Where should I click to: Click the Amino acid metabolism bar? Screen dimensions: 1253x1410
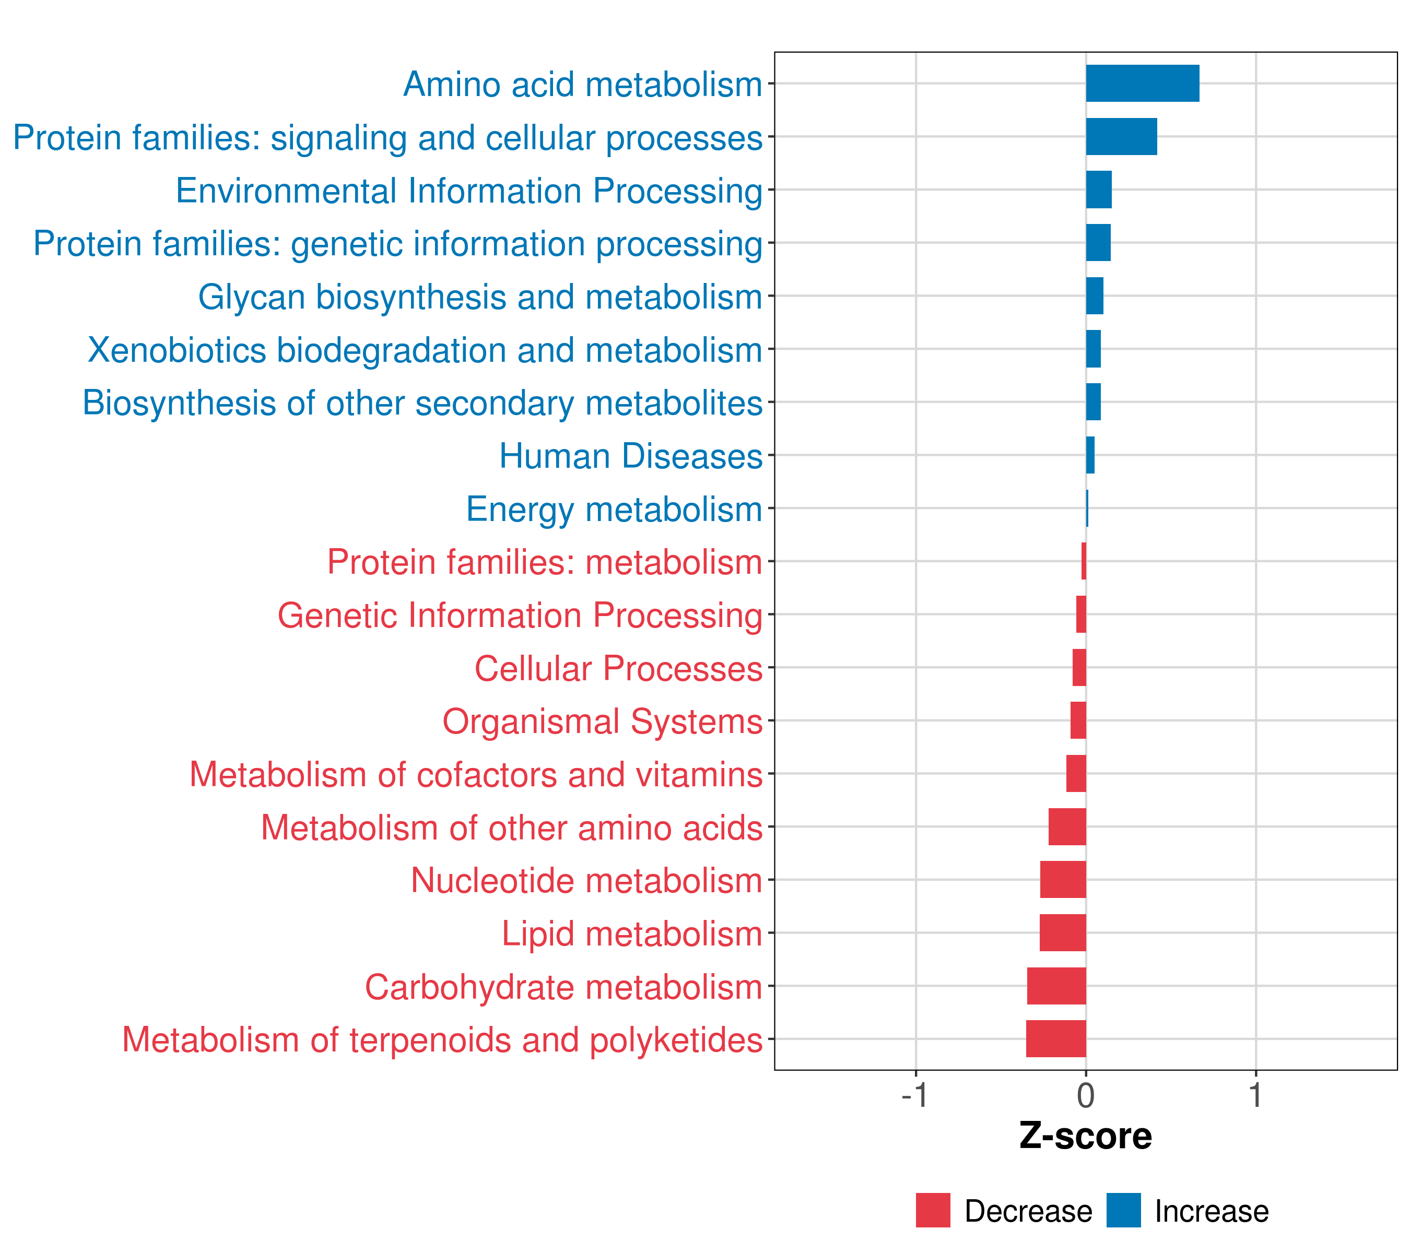(x=1142, y=84)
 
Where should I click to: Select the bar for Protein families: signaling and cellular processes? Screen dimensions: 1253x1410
(x=1121, y=137)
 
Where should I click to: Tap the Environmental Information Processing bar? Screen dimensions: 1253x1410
(x=1098, y=190)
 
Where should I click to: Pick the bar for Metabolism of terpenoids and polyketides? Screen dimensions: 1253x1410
(x=1055, y=1038)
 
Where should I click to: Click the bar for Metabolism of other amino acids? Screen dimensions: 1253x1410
(x=1066, y=826)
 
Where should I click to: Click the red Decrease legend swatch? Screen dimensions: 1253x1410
(x=933, y=1210)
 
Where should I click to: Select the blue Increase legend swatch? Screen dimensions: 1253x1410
(x=1123, y=1210)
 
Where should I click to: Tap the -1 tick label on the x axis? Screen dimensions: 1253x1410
(x=915, y=1096)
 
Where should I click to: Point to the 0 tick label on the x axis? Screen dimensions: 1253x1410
(x=1086, y=1096)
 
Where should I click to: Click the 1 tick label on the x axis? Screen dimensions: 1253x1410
(x=1255, y=1096)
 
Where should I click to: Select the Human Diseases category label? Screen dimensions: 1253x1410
(x=630, y=456)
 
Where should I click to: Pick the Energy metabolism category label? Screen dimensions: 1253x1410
(x=614, y=510)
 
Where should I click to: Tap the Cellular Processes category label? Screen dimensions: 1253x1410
(x=618, y=668)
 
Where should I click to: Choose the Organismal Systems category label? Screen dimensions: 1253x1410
(x=602, y=722)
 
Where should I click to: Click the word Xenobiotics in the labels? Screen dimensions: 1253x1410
(x=177, y=350)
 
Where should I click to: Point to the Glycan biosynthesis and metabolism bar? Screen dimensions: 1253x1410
(x=1094, y=296)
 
